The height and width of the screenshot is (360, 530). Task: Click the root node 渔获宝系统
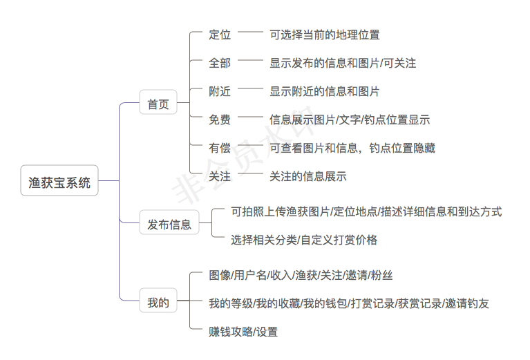[59, 183]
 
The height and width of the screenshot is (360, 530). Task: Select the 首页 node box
[158, 105]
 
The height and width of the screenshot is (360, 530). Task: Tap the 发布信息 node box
[169, 224]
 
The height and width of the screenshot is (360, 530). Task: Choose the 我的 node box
[158, 302]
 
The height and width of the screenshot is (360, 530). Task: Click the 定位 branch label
[220, 35]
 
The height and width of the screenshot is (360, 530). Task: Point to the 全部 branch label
[220, 63]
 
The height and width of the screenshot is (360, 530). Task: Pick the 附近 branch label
[220, 91]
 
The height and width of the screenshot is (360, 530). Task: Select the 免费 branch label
[220, 120]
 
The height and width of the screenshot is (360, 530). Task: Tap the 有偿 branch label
[220, 148]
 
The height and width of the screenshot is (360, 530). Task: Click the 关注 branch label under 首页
[220, 176]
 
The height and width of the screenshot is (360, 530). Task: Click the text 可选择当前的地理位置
[324, 35]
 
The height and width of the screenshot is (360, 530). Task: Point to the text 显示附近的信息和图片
[324, 91]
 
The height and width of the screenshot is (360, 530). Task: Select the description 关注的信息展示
[307, 176]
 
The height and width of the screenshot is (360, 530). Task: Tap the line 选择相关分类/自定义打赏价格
[304, 240]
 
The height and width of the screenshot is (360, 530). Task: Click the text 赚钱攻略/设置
[243, 332]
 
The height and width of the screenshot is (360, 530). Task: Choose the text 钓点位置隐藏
[402, 148]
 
